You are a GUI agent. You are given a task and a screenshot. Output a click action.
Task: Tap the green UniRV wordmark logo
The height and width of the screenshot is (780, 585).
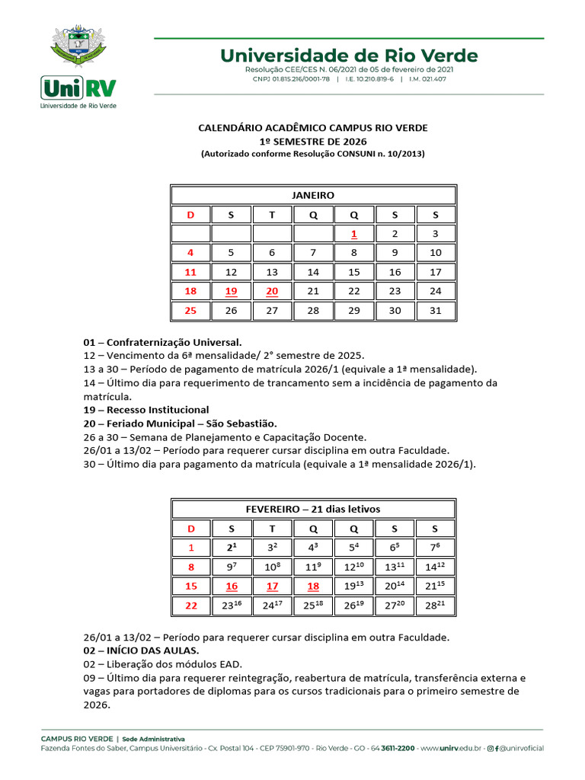(78, 88)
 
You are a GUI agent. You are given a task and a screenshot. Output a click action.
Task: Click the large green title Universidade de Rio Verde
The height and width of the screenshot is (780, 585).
(349, 56)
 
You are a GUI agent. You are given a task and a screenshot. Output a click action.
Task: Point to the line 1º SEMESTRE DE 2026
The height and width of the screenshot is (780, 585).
(313, 141)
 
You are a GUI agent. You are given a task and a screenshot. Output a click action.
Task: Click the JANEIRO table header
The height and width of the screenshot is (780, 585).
(313, 195)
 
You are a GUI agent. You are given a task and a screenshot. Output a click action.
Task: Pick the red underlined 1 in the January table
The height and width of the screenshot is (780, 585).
(353, 234)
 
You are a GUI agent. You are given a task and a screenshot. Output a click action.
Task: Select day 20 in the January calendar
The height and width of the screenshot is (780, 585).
(272, 291)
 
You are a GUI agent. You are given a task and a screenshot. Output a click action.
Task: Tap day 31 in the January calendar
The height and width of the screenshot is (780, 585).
(435, 311)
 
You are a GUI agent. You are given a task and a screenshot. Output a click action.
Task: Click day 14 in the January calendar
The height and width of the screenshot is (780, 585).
(313, 272)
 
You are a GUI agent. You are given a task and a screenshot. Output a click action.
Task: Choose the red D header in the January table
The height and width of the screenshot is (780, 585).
(190, 215)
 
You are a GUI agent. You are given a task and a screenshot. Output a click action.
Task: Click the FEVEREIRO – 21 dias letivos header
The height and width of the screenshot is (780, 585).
(313, 509)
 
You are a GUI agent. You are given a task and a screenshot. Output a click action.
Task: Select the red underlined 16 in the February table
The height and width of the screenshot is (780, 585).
(232, 586)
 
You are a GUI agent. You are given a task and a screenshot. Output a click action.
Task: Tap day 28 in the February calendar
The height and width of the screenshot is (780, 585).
(435, 606)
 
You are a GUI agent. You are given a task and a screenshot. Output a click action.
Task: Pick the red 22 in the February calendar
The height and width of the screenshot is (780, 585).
(190, 606)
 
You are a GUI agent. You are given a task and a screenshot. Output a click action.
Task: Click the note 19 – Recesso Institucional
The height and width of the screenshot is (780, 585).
(145, 410)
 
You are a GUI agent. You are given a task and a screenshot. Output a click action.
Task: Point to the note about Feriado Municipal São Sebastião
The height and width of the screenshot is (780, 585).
(180, 423)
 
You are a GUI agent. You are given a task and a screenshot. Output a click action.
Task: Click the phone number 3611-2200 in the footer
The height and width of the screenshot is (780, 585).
(398, 749)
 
